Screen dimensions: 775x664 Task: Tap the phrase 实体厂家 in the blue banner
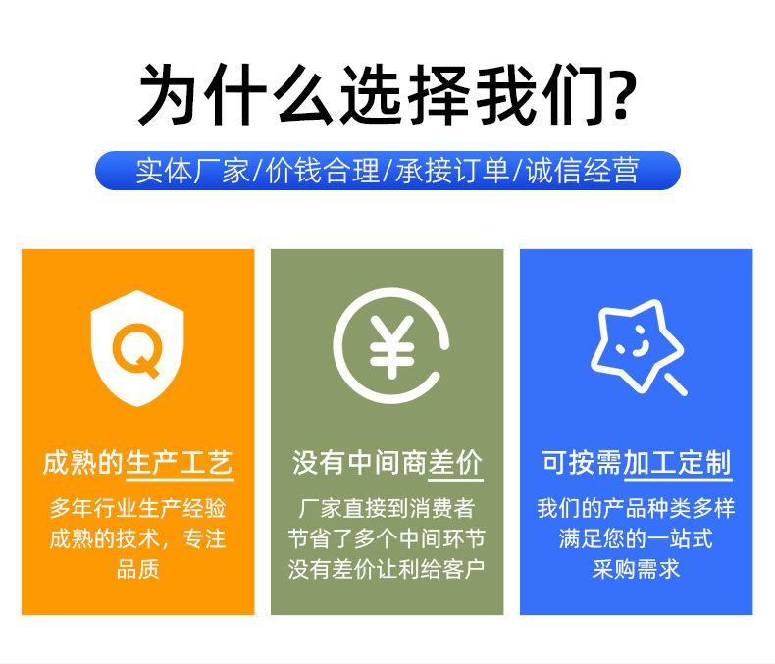click(192, 171)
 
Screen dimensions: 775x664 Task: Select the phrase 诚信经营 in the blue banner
click(582, 171)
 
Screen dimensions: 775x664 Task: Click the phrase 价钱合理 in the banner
click(323, 171)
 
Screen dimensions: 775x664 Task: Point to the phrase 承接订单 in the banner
click(452, 171)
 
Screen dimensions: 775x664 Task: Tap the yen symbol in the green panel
click(391, 347)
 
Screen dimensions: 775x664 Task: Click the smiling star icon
click(639, 347)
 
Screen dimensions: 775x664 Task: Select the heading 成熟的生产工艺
click(138, 463)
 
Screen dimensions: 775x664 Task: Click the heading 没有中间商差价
click(387, 463)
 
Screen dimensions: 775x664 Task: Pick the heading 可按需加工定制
click(636, 463)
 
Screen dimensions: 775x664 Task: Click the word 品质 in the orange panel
click(138, 569)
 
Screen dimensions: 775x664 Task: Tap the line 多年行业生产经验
click(138, 508)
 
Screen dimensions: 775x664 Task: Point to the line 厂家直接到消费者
click(387, 508)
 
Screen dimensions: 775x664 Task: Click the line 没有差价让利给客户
click(387, 569)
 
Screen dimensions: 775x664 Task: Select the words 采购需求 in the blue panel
click(636, 569)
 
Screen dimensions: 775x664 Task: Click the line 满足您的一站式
click(636, 538)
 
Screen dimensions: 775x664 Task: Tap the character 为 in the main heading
click(168, 94)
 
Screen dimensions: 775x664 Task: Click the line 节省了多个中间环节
click(387, 538)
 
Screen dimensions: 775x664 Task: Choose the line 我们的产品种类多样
click(636, 508)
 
